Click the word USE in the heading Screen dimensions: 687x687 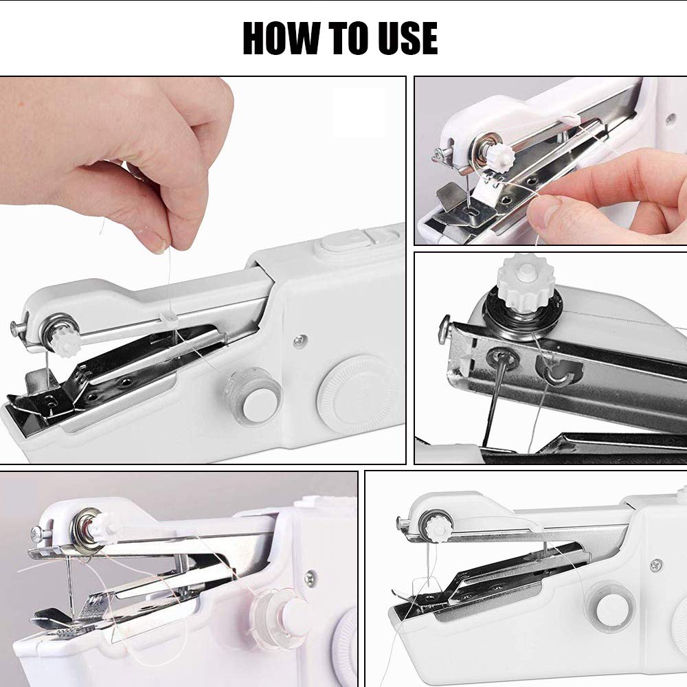click(x=405, y=38)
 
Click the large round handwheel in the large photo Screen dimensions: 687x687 click(x=356, y=394)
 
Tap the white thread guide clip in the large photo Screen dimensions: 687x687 click(x=167, y=317)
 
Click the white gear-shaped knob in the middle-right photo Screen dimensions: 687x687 click(x=526, y=282)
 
